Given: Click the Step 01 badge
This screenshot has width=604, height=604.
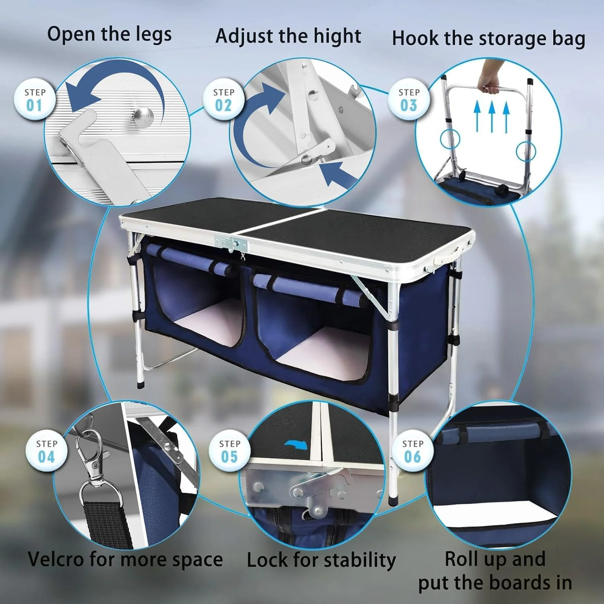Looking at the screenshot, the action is pos(35,99).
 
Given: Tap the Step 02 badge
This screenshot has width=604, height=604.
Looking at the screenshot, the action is pos(223,99).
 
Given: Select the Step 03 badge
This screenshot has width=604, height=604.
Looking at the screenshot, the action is pos(409,99).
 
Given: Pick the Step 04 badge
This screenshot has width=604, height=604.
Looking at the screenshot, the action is pos(46,451).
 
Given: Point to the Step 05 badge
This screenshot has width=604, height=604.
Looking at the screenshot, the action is pos(230,451).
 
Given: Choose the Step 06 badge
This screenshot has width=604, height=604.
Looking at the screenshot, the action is pos(413,451).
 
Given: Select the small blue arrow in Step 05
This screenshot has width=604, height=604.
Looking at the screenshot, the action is pos(296,445).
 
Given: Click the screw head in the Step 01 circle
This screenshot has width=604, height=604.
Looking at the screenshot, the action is pos(144,116).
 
